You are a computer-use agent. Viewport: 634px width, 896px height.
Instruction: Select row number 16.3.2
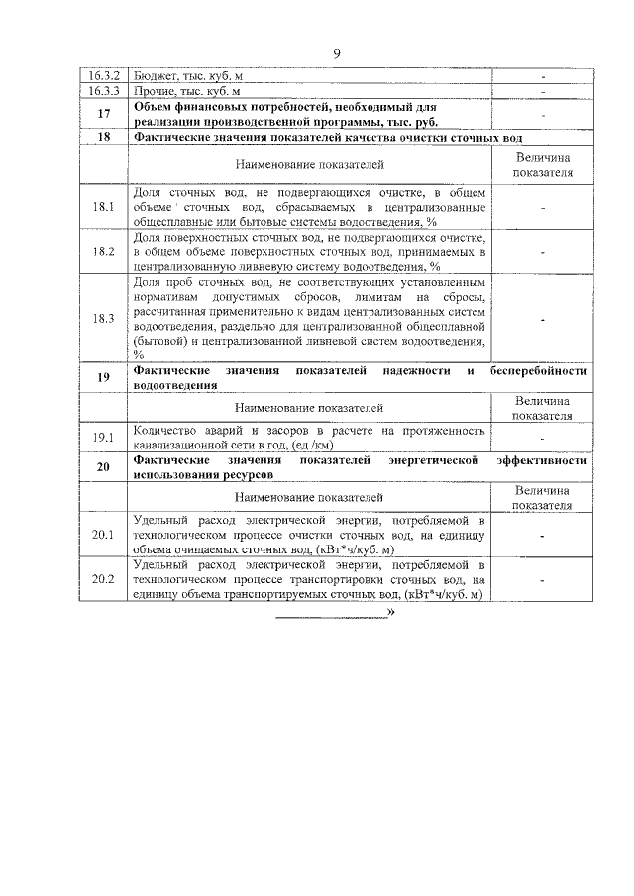[104, 76]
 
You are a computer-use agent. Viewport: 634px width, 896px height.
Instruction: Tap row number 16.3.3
[104, 91]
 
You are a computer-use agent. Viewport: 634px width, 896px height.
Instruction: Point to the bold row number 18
[104, 137]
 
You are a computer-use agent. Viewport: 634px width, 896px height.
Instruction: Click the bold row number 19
[104, 377]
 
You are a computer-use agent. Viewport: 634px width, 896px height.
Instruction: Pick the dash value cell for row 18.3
[543, 318]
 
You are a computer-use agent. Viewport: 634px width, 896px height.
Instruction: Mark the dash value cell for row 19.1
[543, 437]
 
